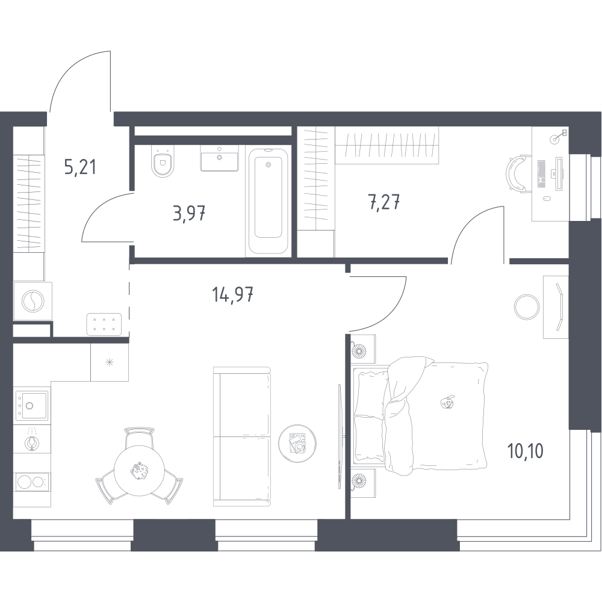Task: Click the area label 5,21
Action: (80, 167)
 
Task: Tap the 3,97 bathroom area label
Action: (189, 214)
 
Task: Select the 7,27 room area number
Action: (384, 202)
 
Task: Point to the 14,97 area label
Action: (232, 294)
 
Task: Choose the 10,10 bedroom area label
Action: (525, 451)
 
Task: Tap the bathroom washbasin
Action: (220, 158)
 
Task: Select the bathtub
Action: (268, 201)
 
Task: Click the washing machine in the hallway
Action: (33, 301)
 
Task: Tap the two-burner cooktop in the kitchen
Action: (32, 482)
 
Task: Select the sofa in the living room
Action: (242, 436)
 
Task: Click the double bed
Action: (421, 416)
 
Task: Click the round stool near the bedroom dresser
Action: (527, 306)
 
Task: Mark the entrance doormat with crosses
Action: (104, 324)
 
